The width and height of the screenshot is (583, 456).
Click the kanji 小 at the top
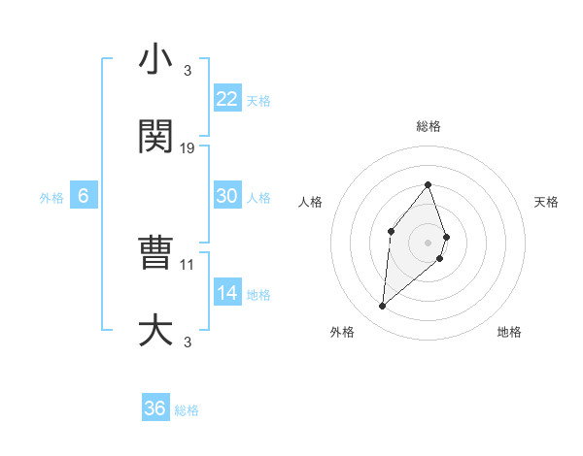point(155,60)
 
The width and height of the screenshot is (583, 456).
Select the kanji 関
point(155,137)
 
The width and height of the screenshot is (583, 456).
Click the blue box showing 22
point(227,99)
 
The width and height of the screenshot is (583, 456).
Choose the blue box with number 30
point(227,196)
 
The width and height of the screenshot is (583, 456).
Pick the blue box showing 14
point(227,293)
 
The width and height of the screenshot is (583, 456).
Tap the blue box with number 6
point(84,196)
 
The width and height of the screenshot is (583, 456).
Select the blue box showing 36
point(155,408)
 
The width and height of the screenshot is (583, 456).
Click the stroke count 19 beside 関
point(189,148)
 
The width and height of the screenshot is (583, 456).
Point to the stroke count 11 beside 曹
point(188,264)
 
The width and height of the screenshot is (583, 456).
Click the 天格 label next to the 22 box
point(258,100)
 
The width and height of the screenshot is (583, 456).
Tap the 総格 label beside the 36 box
point(187,410)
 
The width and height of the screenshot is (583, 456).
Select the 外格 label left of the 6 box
point(51,198)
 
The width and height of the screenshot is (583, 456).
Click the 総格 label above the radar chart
point(429,126)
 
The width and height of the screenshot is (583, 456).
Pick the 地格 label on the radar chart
point(509,332)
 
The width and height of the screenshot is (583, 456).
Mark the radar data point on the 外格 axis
point(383,307)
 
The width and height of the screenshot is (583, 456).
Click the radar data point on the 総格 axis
point(429,184)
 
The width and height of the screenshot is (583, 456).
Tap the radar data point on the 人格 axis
point(391,230)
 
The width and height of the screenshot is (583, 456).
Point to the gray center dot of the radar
point(429,242)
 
